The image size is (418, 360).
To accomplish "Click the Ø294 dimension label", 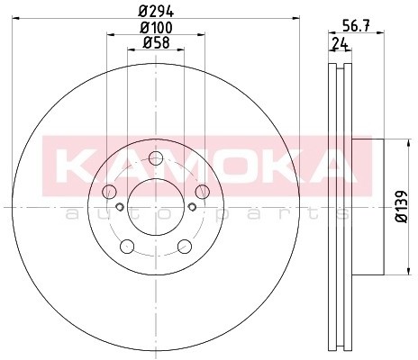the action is (156, 12).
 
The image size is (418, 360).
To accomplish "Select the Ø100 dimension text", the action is (156, 28).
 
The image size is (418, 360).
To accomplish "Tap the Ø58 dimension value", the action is (156, 42).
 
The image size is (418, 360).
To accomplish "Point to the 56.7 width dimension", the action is (356, 26).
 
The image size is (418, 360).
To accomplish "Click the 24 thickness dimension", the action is (340, 44).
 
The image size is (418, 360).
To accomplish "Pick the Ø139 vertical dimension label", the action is (402, 207).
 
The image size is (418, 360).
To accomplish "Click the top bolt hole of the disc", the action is (156, 158).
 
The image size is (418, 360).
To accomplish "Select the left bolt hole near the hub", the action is (109, 192).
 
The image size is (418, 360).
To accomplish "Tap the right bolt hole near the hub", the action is (203, 192).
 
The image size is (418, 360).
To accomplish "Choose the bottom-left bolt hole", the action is (127, 247).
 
